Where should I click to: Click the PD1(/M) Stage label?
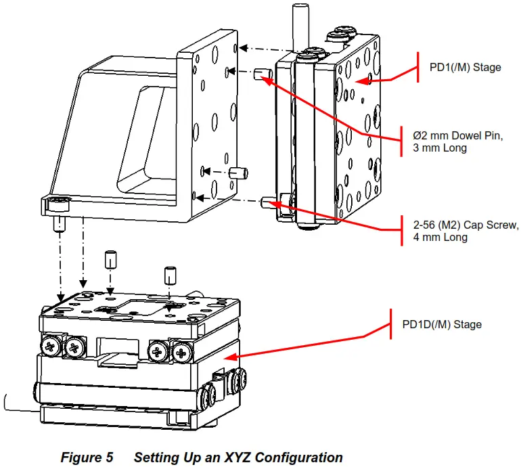pos(466,68)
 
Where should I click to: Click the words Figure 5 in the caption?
pos(87,457)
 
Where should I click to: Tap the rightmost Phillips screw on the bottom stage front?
pos(183,350)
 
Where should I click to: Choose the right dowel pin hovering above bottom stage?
pos(170,275)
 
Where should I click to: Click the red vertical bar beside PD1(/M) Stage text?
pos(419,68)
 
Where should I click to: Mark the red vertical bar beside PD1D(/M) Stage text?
pos(392,324)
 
